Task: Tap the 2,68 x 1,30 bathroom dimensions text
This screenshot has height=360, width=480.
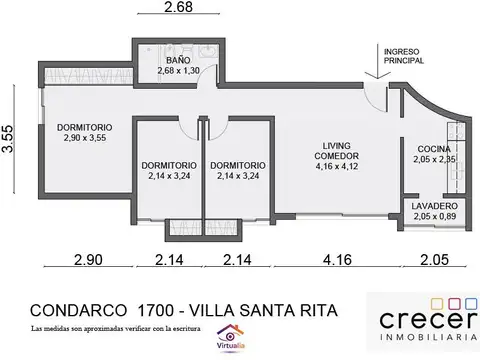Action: pyautogui.click(x=181, y=70)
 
